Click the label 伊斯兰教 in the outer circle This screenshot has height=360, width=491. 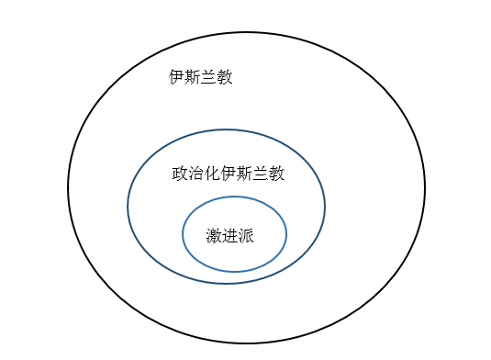[201, 77]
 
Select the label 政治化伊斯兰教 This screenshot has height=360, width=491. [229, 174]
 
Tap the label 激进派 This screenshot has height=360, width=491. [229, 236]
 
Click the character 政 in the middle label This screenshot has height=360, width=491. [180, 174]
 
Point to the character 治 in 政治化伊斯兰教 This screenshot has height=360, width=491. [196, 174]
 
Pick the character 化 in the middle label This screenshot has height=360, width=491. [212, 174]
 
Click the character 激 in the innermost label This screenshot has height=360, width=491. [214, 236]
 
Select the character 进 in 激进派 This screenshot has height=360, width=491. [229, 236]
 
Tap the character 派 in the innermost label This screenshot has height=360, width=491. [246, 236]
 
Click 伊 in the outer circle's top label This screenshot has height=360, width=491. [176, 77]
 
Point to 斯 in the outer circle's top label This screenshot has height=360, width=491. [193, 77]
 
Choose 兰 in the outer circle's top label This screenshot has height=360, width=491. [209, 77]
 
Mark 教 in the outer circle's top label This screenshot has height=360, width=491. [225, 77]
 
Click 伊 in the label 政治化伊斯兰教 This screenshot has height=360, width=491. [229, 174]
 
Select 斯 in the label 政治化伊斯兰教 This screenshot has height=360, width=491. [244, 174]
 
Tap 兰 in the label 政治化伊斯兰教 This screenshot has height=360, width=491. [261, 174]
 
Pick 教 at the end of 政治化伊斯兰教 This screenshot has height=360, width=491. [277, 174]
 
